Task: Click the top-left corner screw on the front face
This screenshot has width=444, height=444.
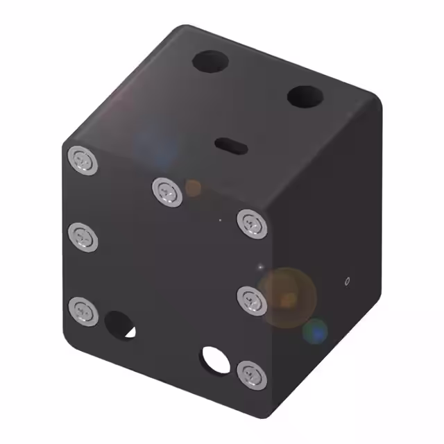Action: (83, 162)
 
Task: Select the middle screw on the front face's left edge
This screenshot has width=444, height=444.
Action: (83, 237)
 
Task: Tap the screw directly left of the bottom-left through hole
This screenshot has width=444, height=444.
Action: (83, 309)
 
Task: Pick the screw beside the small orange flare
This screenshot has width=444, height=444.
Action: (167, 190)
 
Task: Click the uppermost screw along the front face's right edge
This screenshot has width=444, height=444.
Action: (251, 223)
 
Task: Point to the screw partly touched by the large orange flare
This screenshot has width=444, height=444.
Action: (251, 299)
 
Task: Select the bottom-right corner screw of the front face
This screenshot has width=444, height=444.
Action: (251, 375)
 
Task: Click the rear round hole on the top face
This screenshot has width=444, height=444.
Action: (211, 62)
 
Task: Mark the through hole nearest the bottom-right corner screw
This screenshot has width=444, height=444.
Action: (214, 359)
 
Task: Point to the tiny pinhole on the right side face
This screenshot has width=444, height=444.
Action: (347, 281)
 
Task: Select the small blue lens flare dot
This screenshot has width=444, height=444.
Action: (316, 332)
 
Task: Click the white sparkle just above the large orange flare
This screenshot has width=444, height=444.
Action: (261, 266)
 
